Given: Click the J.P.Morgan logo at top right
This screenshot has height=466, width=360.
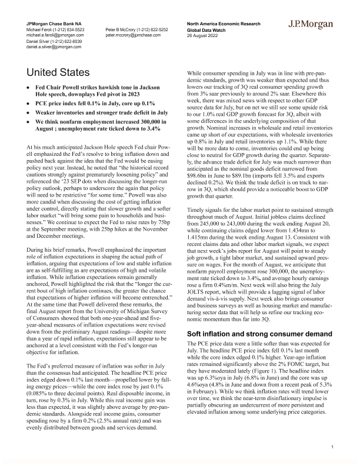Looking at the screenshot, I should pyautogui.click(x=311, y=25).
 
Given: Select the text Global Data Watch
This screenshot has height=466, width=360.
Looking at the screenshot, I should pyautogui.click(x=207, y=29).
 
